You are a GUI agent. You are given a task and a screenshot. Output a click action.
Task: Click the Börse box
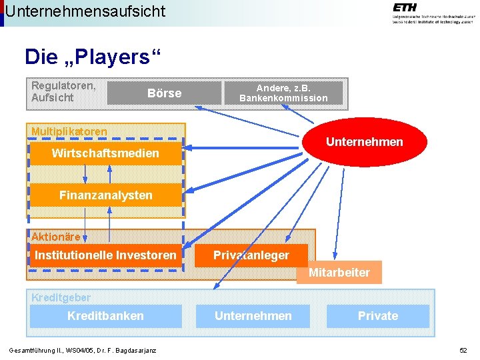(164, 93)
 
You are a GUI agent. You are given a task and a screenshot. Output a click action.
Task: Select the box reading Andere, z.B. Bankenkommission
(283, 93)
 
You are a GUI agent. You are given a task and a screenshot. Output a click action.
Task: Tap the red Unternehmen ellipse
(364, 141)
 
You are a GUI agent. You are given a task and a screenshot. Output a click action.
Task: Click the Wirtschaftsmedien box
(105, 154)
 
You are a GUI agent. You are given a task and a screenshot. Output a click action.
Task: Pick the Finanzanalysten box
(105, 195)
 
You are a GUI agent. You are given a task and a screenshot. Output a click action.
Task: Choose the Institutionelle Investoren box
(105, 255)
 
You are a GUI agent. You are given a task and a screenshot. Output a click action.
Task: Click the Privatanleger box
(251, 255)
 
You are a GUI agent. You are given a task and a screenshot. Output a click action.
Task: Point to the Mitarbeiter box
(339, 273)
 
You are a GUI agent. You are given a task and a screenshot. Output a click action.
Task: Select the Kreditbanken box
(105, 316)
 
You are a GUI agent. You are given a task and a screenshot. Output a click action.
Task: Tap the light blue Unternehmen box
(253, 316)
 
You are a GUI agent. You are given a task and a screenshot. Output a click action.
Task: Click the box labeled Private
(377, 316)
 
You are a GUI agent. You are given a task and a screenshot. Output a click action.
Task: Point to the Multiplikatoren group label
(69, 131)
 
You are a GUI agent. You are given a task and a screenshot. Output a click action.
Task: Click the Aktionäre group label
(56, 237)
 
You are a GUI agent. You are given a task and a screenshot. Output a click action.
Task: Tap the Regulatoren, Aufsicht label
(63, 92)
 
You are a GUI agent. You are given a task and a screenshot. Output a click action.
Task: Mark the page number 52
(463, 351)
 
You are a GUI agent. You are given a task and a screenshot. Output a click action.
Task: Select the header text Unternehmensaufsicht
(85, 11)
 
